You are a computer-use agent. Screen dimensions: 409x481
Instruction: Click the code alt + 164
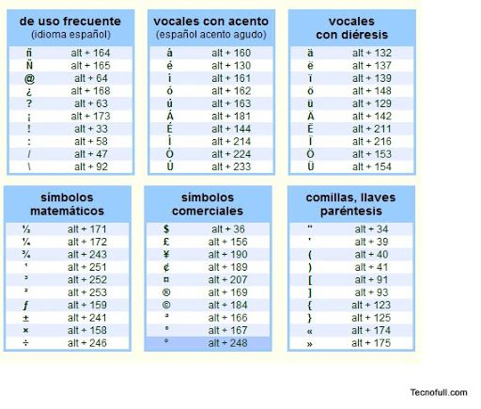(x=90, y=54)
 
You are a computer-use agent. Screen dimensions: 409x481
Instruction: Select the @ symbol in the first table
(x=29, y=78)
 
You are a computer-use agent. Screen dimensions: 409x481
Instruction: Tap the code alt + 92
(x=90, y=166)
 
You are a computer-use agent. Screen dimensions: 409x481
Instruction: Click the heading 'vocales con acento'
(x=210, y=21)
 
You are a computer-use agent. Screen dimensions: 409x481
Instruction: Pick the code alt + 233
(x=230, y=166)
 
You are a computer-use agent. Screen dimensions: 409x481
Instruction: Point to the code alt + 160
(x=230, y=54)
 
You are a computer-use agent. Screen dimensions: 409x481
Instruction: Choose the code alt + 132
(x=371, y=54)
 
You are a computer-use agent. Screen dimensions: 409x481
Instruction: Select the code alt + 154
(x=371, y=166)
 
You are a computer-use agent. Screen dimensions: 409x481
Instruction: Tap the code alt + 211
(x=371, y=129)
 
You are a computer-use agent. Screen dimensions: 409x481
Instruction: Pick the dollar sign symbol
(x=166, y=229)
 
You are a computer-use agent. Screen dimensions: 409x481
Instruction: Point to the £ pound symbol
(x=166, y=242)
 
